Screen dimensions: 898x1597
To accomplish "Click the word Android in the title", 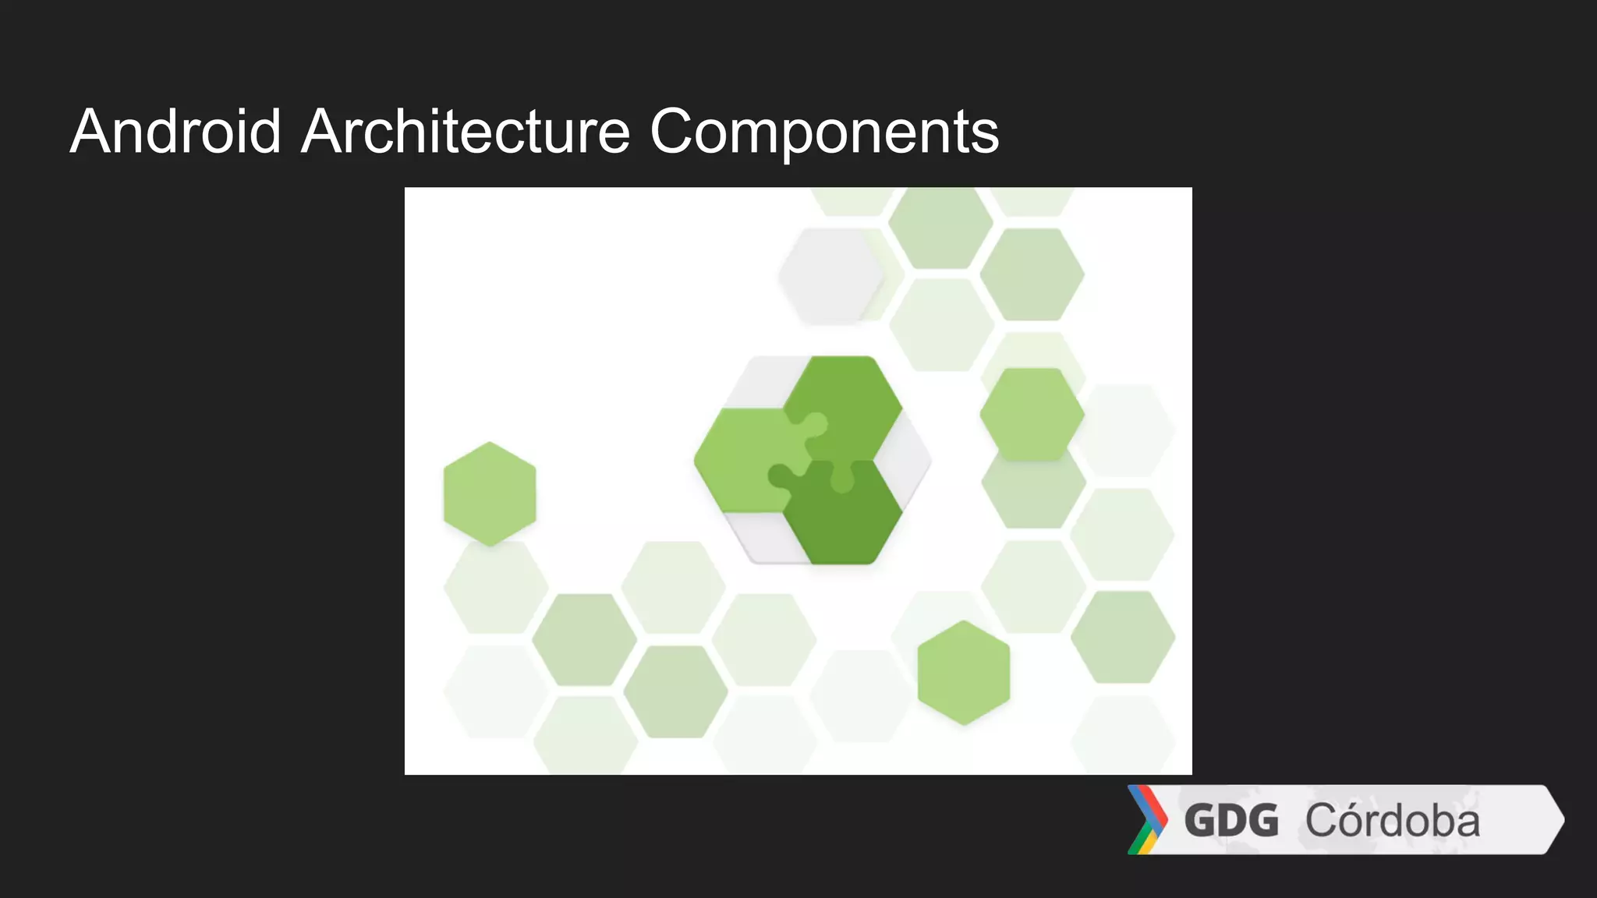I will (x=175, y=132).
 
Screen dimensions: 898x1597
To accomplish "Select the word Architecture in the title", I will (x=465, y=132).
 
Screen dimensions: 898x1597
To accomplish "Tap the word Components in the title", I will (x=824, y=133).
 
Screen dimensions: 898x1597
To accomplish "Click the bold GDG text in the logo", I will (x=1231, y=821).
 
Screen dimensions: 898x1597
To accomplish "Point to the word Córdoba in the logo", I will (x=1392, y=821).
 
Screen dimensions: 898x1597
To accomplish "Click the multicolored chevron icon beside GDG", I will (x=1147, y=820).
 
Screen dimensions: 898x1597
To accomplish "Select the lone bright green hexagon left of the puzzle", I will (x=490, y=494).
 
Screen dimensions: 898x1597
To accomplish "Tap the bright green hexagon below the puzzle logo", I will (x=964, y=673).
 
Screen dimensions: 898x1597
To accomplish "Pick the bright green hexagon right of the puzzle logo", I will (x=1032, y=414).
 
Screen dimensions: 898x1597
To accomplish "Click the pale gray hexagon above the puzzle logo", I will (x=831, y=275).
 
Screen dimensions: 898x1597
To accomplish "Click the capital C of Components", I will (x=675, y=132).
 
